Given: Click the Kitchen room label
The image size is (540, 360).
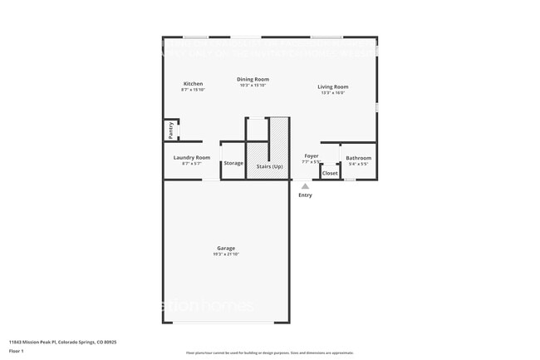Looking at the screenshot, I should coord(193,84).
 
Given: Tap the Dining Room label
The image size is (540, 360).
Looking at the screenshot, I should coord(253,79).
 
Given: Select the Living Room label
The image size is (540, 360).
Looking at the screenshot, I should coord(333,86).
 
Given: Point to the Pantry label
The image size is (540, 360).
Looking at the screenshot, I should coord(170,130).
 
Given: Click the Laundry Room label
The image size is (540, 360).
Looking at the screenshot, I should coord(191,157).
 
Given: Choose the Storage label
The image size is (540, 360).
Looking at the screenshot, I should coord(233,163).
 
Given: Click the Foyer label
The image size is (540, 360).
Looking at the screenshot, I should coord(311,155).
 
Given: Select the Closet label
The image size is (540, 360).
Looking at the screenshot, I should coord(330,173).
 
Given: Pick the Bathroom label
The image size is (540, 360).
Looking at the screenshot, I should coord(358,158).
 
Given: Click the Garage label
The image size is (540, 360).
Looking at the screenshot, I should coord(226,248).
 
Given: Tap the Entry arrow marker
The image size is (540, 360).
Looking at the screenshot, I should coord(305,186).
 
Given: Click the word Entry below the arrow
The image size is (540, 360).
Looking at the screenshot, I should coord(305,195).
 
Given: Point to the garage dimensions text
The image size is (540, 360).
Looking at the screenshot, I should coord(226,254).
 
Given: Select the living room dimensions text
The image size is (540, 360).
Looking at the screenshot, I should coord(333,92).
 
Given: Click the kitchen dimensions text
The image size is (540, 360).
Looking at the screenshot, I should coord(193,90).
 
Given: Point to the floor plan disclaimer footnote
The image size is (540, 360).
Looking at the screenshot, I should coord(269,353).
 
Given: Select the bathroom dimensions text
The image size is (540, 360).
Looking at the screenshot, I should coord(358,164).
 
